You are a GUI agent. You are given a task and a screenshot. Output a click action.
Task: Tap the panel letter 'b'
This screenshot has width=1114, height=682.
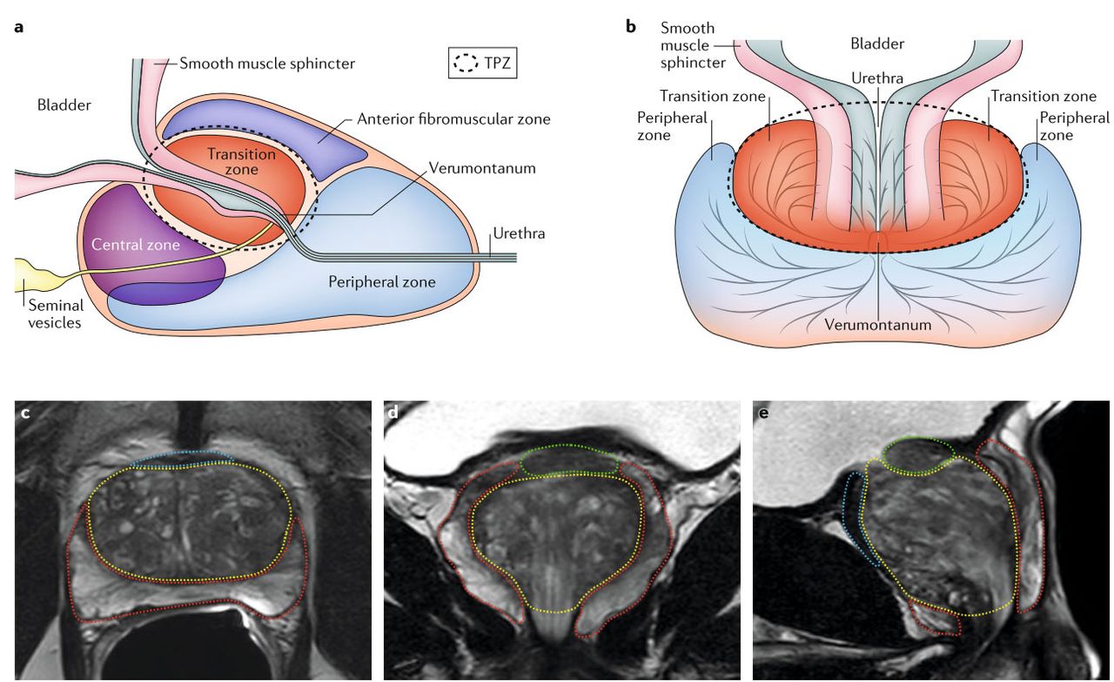tap(632, 26)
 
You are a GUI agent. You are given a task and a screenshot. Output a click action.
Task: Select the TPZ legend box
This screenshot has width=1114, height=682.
tap(482, 64)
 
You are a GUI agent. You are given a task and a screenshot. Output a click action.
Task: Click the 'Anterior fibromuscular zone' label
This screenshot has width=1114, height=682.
tap(453, 118)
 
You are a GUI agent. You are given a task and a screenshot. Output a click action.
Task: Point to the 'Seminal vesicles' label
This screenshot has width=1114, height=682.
tap(56, 314)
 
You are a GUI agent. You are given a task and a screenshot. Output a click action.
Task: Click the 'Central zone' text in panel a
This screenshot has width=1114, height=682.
tap(136, 246)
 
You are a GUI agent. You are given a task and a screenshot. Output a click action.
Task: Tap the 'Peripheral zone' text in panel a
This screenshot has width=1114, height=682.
tap(381, 281)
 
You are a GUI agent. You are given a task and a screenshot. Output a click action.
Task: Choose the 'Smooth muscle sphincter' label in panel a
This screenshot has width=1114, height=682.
tap(267, 64)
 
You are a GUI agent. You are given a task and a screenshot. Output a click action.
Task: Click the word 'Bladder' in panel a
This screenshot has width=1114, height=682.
tap(64, 105)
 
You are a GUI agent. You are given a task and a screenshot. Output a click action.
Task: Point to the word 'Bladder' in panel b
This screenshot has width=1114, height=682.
tap(876, 44)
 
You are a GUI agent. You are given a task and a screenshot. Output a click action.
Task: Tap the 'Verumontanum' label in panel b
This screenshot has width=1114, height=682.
tap(878, 325)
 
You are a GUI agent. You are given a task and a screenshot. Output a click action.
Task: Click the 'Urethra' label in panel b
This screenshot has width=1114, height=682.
tap(877, 78)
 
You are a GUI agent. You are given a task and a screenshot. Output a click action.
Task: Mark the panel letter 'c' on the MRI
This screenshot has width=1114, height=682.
tap(25, 412)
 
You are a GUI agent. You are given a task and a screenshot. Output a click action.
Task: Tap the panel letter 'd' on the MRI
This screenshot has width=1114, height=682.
tap(393, 412)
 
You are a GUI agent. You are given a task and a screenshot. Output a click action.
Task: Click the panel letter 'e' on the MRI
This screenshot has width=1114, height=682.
tap(763, 412)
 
